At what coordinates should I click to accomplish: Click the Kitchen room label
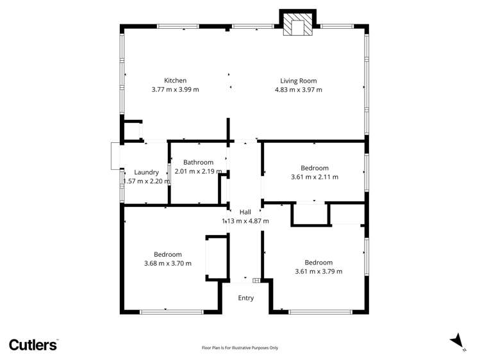[x=175, y=81]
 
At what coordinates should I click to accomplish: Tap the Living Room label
[x=298, y=81]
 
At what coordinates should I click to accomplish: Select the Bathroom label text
[x=198, y=163]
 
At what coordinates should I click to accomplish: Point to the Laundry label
[x=146, y=172]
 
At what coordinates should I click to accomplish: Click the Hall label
[x=245, y=212]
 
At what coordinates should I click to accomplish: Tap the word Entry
[x=246, y=298]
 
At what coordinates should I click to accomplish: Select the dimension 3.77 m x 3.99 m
[x=175, y=90]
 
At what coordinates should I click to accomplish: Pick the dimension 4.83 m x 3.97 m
[x=298, y=90]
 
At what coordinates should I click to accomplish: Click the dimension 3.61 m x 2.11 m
[x=315, y=177]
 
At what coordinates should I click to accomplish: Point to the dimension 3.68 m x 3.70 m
[x=167, y=263]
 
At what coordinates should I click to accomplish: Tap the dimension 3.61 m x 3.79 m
[x=319, y=271]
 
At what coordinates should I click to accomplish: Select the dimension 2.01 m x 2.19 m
[x=198, y=172]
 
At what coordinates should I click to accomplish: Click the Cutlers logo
[x=33, y=345]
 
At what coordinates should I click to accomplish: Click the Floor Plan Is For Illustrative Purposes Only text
[x=240, y=348]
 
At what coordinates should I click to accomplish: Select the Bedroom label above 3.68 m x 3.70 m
[x=167, y=254]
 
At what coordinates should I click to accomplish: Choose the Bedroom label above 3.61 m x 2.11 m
[x=315, y=168]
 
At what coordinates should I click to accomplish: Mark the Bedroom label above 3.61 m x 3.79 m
[x=319, y=262]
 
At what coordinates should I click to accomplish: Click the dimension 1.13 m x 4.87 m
[x=245, y=221]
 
